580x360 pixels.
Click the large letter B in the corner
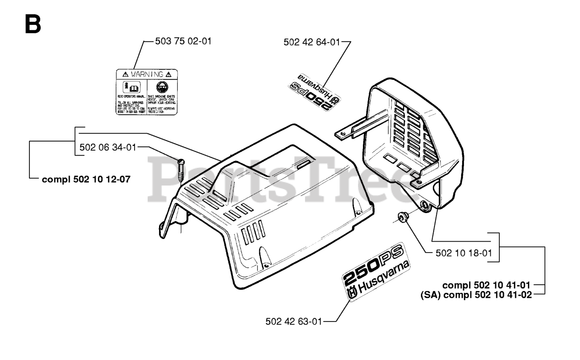pos(33,24)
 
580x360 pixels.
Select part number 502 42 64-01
pos(311,42)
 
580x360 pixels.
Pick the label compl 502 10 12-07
pos(86,179)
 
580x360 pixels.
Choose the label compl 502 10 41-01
pos(487,285)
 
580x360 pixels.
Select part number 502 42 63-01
pos(294,321)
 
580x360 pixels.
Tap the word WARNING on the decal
pos(147,74)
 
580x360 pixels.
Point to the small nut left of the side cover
pos(401,218)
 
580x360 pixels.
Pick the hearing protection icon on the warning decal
pos(161,87)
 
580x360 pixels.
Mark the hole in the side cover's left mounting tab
pos(343,133)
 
